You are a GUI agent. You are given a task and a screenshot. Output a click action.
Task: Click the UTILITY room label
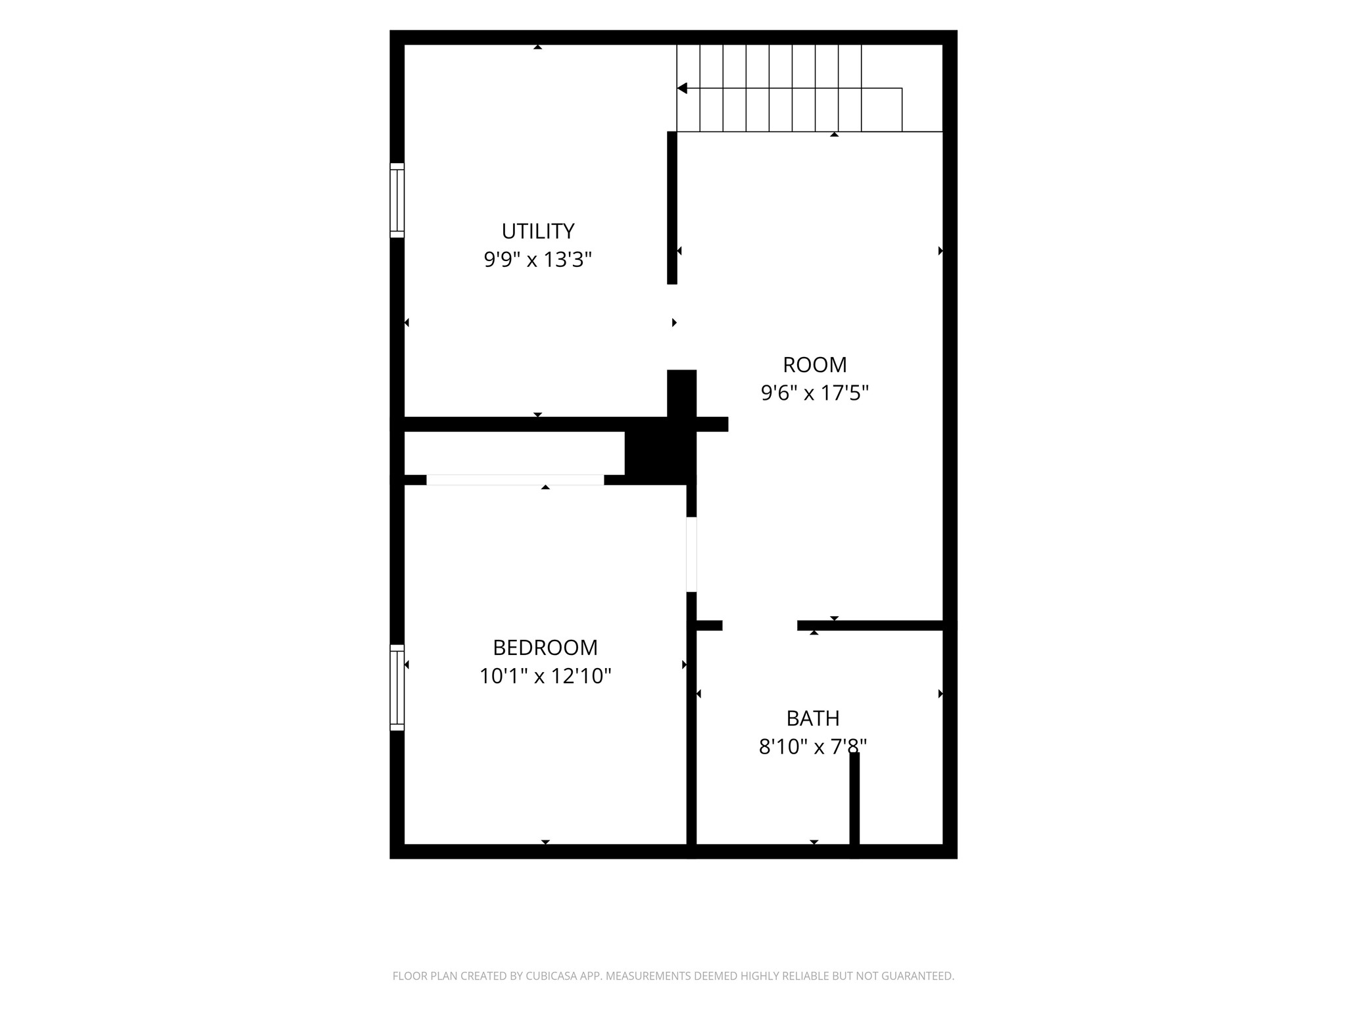point(538,231)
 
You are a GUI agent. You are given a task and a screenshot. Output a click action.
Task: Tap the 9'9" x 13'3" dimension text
point(538,260)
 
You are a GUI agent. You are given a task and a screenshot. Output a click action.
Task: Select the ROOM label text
point(815,364)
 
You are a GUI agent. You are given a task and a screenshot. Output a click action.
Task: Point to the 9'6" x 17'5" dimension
point(815,393)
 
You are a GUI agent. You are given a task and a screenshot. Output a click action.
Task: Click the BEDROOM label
point(545,648)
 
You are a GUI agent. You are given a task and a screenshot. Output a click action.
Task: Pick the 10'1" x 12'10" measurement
point(545,676)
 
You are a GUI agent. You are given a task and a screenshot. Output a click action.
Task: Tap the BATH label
point(813,718)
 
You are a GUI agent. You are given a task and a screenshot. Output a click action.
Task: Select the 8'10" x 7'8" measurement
point(813,746)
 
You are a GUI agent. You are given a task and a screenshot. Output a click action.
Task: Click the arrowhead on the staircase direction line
point(682,88)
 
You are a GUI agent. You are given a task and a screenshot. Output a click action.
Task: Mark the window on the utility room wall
point(397,200)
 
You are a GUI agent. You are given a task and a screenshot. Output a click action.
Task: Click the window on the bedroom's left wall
point(397,687)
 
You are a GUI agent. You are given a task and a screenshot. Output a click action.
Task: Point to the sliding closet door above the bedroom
point(515,480)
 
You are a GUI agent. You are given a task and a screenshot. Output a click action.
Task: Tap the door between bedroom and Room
point(691,554)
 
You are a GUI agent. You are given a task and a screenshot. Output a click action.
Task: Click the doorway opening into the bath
point(760,625)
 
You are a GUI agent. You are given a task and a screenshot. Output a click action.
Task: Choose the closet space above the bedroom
point(514,453)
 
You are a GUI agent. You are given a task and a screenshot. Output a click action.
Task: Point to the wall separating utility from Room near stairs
point(672,208)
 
